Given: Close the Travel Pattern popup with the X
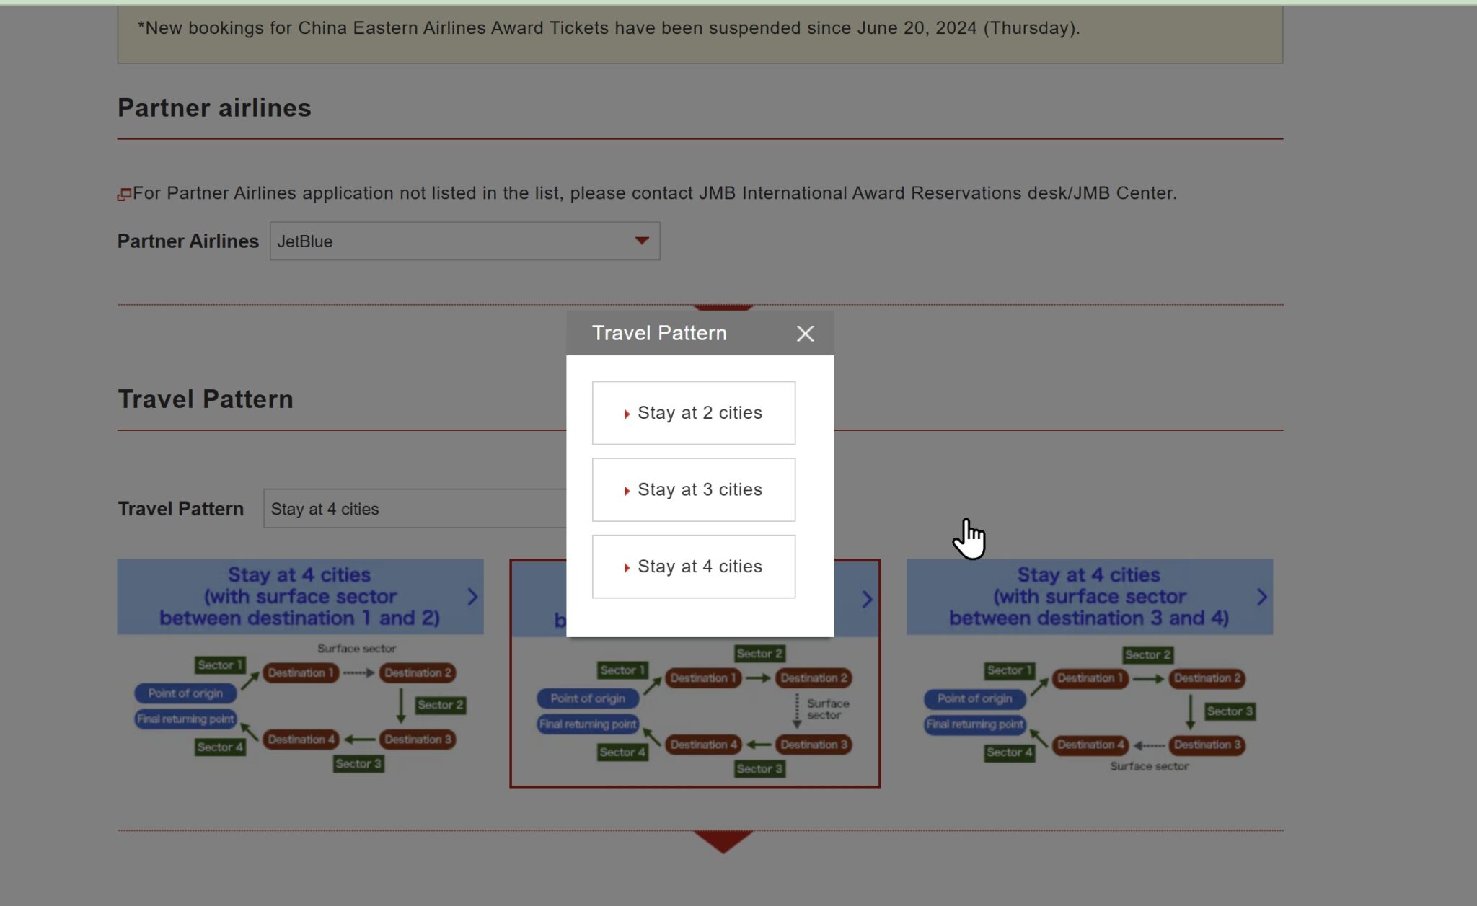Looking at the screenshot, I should pyautogui.click(x=805, y=334).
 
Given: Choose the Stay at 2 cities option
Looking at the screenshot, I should pyautogui.click(x=693, y=413).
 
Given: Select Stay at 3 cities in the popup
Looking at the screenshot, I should pyautogui.click(x=693, y=490).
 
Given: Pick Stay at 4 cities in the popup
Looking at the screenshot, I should pyautogui.click(x=693, y=567).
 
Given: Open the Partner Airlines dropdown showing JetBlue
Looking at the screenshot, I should pyautogui.click(x=464, y=241).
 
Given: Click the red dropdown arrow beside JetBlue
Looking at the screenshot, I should pyautogui.click(x=641, y=241).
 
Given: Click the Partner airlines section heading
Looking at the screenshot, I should pyautogui.click(x=214, y=108).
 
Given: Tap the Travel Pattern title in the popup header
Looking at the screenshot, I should pyautogui.click(x=659, y=333).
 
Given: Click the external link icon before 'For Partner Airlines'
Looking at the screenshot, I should pyautogui.click(x=125, y=194).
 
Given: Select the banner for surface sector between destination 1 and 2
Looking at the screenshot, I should pyautogui.click(x=299, y=597).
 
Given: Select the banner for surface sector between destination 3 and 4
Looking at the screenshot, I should pyautogui.click(x=1088, y=597).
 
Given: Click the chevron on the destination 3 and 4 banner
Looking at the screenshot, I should pyautogui.click(x=1261, y=597).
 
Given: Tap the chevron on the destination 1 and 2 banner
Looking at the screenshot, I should pyautogui.click(x=472, y=597).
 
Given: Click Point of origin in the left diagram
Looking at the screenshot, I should pyautogui.click(x=185, y=693).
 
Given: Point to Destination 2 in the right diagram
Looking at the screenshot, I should pyautogui.click(x=1207, y=678).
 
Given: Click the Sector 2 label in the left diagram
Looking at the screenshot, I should pyautogui.click(x=440, y=705).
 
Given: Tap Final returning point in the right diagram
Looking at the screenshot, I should pyautogui.click(x=974, y=724).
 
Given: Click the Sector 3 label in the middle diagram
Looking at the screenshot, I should pyautogui.click(x=759, y=769).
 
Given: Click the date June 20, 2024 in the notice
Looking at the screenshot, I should pyautogui.click(x=917, y=28).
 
